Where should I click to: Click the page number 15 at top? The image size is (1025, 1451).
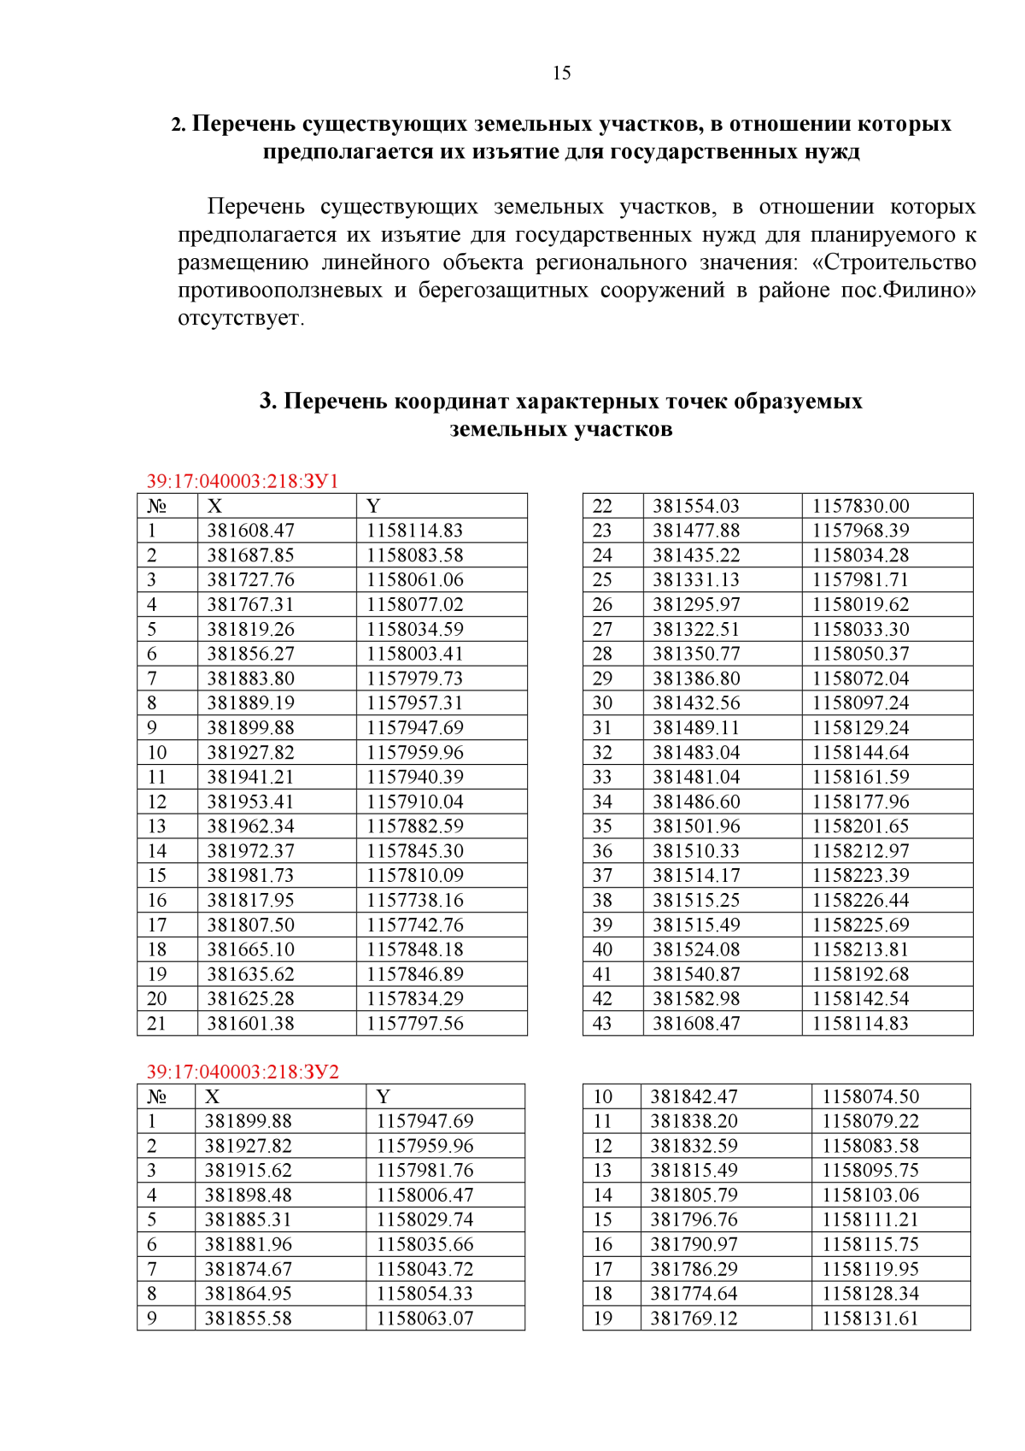(x=561, y=73)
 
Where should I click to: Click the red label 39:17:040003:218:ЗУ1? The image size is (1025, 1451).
(x=243, y=481)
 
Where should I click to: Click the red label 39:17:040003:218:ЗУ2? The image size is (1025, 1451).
(x=243, y=1072)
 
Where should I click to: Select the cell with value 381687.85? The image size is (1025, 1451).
(x=250, y=555)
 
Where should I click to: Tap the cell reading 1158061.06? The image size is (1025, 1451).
(x=415, y=579)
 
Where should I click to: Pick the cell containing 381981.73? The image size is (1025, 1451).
(x=250, y=875)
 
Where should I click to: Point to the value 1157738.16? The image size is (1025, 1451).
(x=415, y=900)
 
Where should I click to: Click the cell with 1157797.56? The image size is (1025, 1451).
(x=415, y=1023)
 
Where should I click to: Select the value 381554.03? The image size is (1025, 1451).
(x=696, y=506)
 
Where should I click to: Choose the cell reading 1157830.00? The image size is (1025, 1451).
(x=860, y=506)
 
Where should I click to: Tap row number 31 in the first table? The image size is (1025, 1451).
(x=602, y=727)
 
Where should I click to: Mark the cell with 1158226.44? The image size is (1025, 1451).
(x=860, y=900)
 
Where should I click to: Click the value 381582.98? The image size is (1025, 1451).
(x=696, y=998)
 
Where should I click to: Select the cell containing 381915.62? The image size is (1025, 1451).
(x=249, y=1170)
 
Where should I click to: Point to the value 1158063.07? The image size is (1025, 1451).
(x=425, y=1318)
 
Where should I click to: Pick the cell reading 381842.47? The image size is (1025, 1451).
(x=694, y=1096)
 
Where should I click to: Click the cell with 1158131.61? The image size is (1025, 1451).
(x=870, y=1318)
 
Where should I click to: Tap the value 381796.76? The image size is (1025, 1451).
(x=694, y=1219)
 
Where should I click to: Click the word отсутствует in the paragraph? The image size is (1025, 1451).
(x=240, y=318)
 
